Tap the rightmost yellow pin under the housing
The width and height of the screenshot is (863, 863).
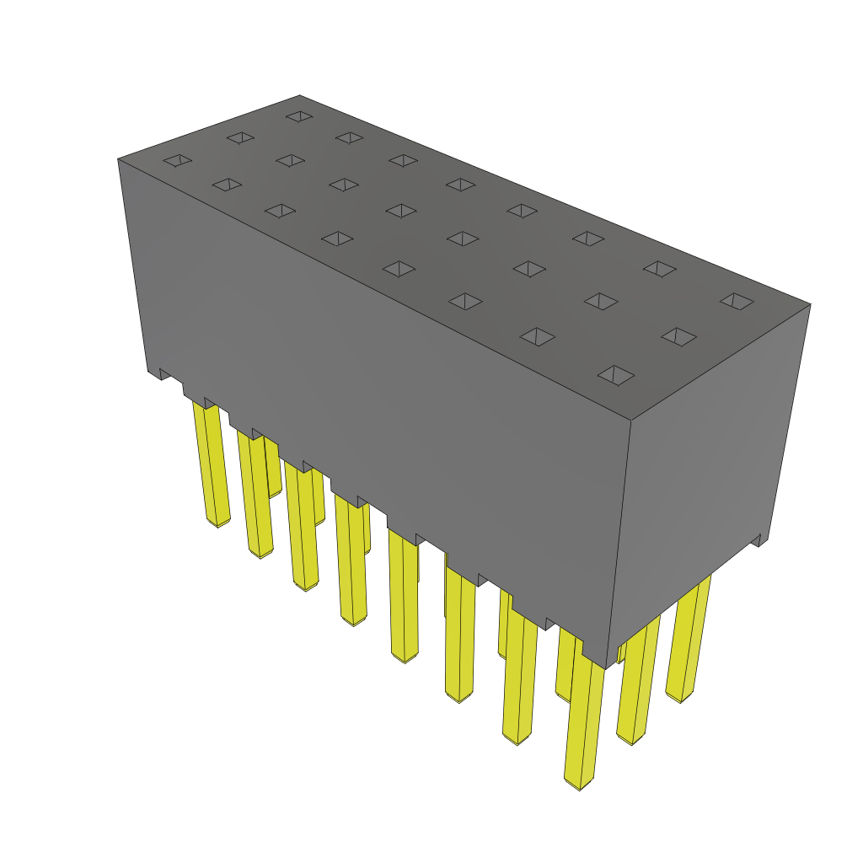687,641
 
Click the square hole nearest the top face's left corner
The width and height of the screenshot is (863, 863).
177,160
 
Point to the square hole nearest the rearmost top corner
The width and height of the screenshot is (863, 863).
299,115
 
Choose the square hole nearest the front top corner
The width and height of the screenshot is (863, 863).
616,374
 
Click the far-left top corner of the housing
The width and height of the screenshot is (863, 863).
118,158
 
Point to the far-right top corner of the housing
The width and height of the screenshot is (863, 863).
810,304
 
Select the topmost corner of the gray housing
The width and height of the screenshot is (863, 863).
299,95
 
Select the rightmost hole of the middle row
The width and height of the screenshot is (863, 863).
678,336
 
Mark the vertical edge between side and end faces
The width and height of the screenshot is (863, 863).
619,539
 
